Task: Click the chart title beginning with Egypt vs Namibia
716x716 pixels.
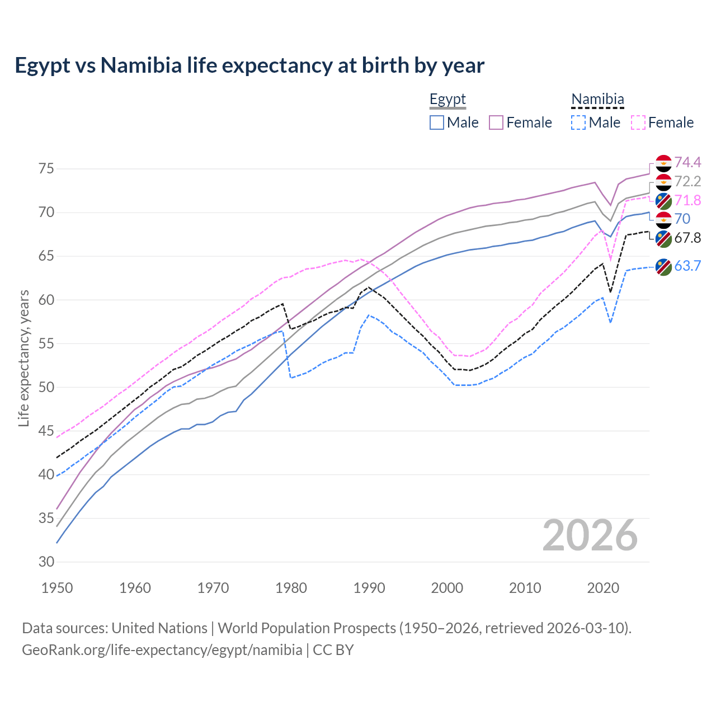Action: point(249,65)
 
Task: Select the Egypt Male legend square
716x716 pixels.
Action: point(437,123)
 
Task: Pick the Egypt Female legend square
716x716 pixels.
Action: point(496,123)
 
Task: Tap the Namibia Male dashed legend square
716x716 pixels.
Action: point(578,123)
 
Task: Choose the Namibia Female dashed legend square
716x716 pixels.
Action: point(638,123)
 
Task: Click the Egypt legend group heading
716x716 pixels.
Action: point(447,100)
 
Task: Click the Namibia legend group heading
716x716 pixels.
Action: point(597,100)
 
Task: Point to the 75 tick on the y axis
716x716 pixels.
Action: point(46,169)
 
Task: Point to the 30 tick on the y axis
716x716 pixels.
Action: point(46,562)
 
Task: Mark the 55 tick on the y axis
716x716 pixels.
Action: point(46,343)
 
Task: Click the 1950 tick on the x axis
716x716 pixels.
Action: point(57,588)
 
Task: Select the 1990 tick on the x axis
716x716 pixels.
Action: point(369,588)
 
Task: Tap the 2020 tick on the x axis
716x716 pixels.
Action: point(603,588)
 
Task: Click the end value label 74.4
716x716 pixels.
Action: point(687,162)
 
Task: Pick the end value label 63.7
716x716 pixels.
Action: point(687,266)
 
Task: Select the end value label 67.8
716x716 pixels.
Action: point(687,238)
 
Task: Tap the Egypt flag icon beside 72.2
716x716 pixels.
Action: point(663,182)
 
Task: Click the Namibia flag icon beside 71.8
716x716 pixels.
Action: point(663,201)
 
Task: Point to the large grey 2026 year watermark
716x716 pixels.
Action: point(590,535)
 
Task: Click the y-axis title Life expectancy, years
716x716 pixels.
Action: point(24,358)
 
